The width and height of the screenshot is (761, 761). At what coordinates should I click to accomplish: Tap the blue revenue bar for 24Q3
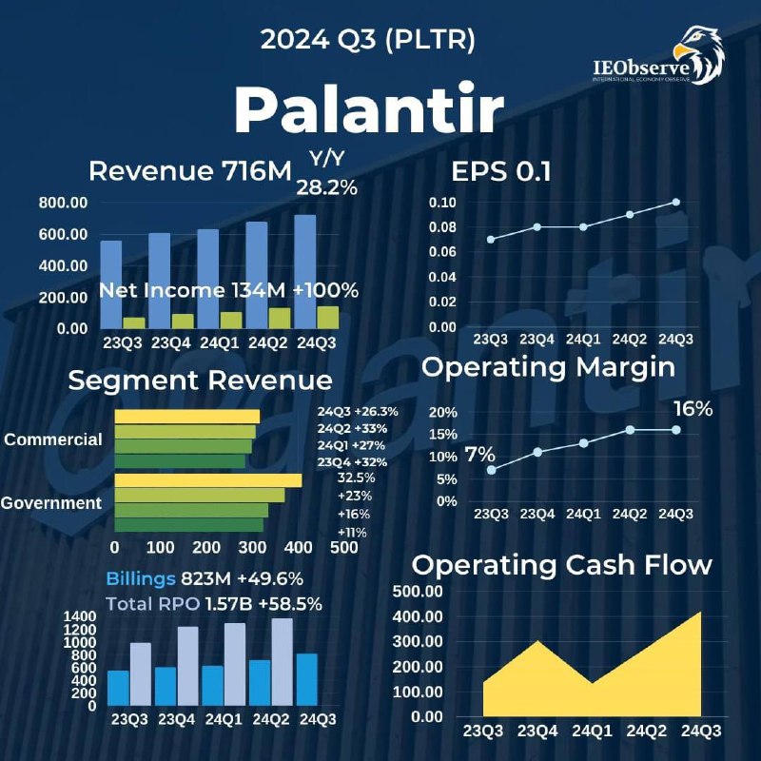click(305, 272)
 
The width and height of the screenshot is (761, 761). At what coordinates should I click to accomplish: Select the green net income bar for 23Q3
click(134, 323)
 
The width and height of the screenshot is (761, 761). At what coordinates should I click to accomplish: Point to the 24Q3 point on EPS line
click(676, 202)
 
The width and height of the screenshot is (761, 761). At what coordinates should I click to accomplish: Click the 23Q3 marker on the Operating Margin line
click(492, 470)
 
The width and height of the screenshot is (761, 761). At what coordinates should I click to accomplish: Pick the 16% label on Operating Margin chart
click(693, 409)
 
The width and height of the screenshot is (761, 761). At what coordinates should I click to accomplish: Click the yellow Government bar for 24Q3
click(208, 480)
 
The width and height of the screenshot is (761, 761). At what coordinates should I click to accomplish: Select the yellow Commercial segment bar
click(187, 417)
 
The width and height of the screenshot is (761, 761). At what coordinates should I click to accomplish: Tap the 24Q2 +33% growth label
click(352, 429)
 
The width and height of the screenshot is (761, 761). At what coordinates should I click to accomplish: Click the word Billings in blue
click(141, 578)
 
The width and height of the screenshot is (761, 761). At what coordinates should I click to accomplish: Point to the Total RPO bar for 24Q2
click(282, 662)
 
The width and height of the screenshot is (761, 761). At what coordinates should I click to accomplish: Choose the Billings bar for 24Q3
click(306, 679)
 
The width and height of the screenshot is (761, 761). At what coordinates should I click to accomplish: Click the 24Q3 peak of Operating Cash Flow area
click(700, 612)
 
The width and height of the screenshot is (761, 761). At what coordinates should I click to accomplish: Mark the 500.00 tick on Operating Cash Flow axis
click(418, 591)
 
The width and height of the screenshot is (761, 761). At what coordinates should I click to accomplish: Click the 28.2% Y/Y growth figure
click(326, 187)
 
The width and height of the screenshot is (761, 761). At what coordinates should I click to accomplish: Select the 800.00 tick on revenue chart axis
click(63, 203)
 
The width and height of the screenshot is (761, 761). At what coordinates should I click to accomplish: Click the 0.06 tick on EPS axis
click(442, 252)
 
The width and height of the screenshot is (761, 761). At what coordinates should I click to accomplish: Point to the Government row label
click(51, 503)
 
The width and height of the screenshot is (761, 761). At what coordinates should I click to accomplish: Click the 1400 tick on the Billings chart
click(80, 616)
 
